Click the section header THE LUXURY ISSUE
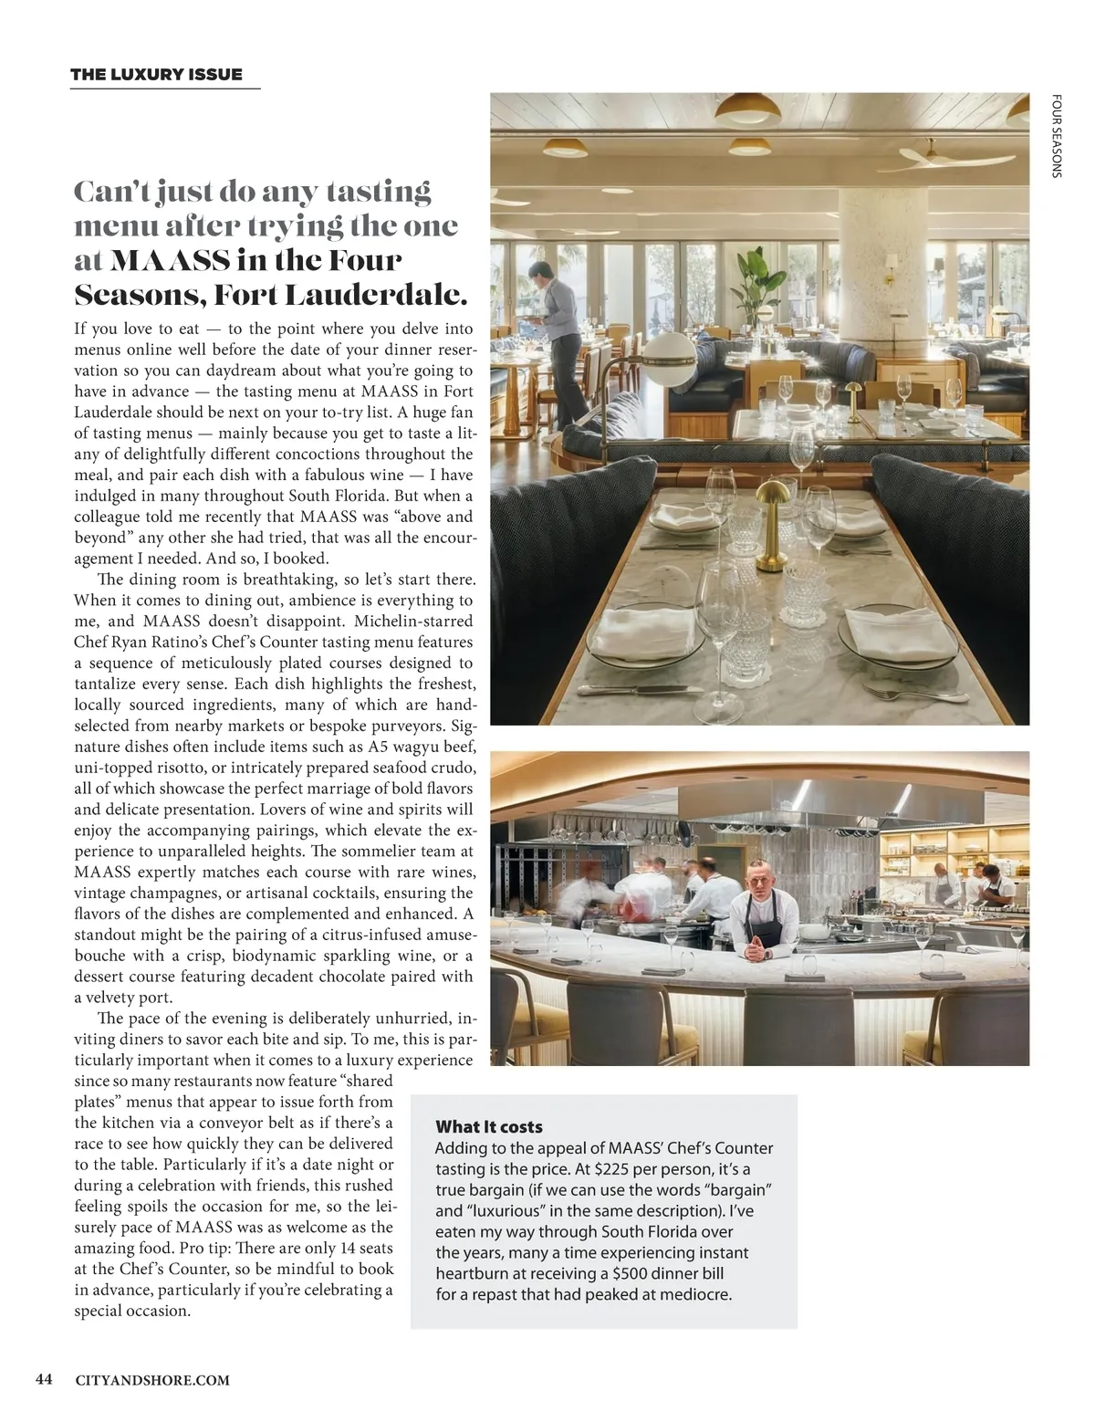[x=156, y=75]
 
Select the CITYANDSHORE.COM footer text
[x=152, y=1380]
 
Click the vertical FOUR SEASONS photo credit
[x=1056, y=136]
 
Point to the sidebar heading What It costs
[x=489, y=1127]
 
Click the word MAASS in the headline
[x=170, y=261]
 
